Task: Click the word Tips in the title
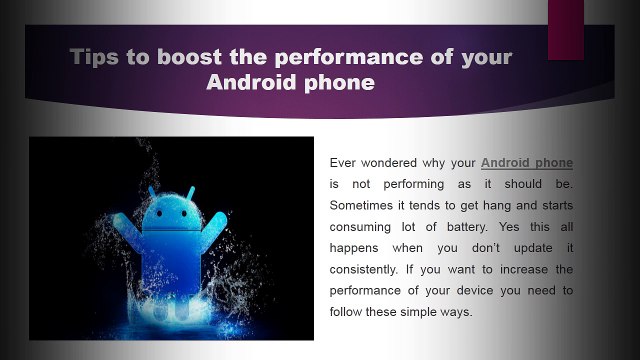94,57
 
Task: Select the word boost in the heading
189,56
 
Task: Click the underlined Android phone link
527,163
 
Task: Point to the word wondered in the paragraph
389,162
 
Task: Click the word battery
467,227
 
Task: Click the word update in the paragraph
533,248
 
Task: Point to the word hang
497,206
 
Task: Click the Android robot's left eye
159,213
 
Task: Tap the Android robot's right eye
184,213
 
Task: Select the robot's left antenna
152,191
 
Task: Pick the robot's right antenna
191,192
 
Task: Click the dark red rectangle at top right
566,30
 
